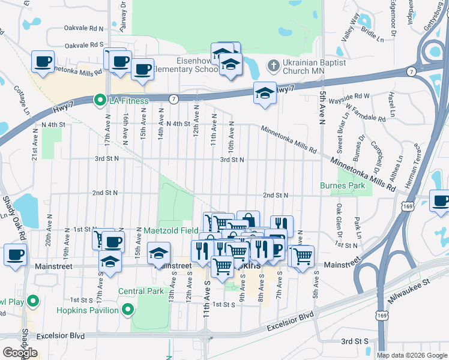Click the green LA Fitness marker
(x=100, y=100)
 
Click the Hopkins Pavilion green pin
(x=127, y=310)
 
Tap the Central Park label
(x=140, y=292)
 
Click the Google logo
(x=19, y=353)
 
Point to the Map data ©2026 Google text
(x=412, y=355)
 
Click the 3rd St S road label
(x=354, y=341)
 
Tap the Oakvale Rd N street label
(x=84, y=28)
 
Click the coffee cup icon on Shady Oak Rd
(x=15, y=254)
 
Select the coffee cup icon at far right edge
(x=440, y=202)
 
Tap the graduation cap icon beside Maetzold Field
(x=159, y=253)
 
